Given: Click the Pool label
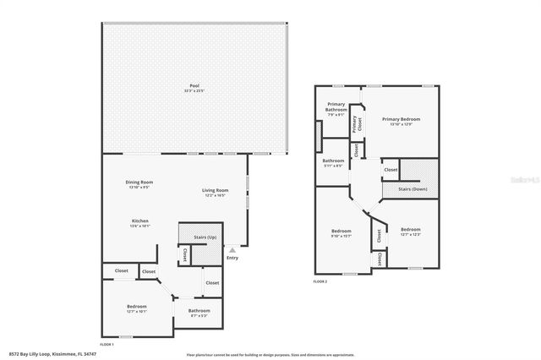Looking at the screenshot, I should pyautogui.click(x=194, y=87).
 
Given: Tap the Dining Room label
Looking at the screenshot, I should pyautogui.click(x=139, y=183).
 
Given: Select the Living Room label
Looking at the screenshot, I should pyautogui.click(x=215, y=192).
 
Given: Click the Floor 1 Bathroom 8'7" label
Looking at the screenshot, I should pyautogui.click(x=199, y=312).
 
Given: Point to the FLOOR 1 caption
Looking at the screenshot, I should pyautogui.click(x=107, y=345).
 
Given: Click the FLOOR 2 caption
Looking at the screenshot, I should pyautogui.click(x=320, y=281).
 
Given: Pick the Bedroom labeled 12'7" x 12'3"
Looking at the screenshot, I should pyautogui.click(x=410, y=231).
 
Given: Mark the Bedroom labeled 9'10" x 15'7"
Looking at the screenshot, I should pyautogui.click(x=341, y=232).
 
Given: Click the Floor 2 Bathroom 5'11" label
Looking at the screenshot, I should pyautogui.click(x=333, y=161).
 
